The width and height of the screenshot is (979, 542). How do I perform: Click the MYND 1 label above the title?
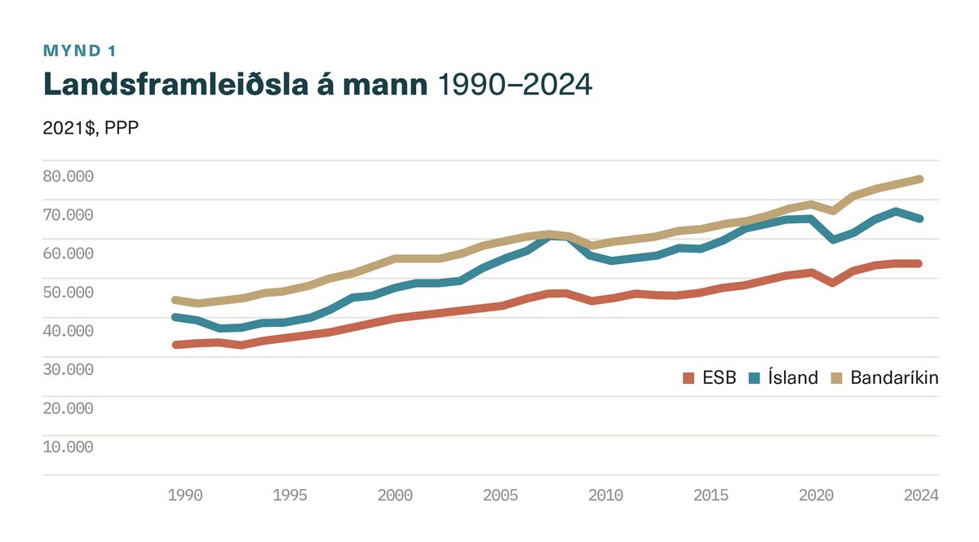point(79,51)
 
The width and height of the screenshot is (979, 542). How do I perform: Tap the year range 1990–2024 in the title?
point(515,84)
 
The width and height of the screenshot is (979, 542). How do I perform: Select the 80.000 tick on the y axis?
point(68,176)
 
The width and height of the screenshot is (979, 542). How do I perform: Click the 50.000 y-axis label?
point(68,292)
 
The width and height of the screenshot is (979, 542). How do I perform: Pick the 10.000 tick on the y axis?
point(68,447)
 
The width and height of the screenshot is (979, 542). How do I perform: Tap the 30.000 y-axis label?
point(68,369)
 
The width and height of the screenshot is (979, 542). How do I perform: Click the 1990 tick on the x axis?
point(185,495)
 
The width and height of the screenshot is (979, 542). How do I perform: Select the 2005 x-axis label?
point(499,495)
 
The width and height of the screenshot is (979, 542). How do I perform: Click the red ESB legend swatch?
point(689,378)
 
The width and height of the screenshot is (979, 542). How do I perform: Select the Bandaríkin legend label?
point(894,378)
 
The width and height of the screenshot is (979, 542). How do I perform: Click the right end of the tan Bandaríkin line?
point(919,178)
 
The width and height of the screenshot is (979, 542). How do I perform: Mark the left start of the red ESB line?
point(175,345)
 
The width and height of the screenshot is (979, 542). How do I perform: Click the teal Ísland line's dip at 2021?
point(832,240)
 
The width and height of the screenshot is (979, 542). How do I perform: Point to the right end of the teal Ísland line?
point(919,218)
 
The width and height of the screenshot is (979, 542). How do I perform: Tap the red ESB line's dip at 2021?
point(832,282)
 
